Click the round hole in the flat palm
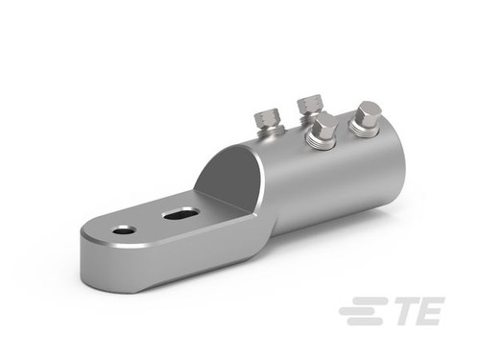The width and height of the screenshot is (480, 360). (124, 229)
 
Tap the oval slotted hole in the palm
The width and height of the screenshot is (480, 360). (180, 214)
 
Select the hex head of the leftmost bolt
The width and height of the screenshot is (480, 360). (268, 119)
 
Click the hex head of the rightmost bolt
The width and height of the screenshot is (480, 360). (367, 114)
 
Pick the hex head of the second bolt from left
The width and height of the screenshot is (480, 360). (310, 104)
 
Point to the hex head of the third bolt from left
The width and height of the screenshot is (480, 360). (324, 126)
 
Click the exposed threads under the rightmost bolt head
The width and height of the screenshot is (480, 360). (364, 131)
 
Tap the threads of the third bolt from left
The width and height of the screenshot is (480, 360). (321, 141)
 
